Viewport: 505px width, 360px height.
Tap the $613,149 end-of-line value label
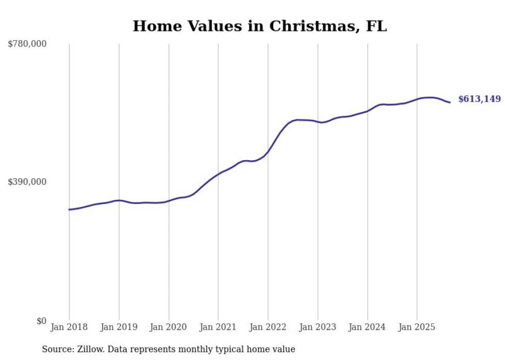click(479, 99)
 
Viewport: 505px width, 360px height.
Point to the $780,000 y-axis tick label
click(27, 44)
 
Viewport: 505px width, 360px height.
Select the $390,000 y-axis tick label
click(27, 182)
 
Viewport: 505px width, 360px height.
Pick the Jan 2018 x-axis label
click(69, 327)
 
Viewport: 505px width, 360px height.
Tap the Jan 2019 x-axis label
click(119, 327)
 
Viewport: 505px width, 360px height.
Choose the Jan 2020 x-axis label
click(169, 327)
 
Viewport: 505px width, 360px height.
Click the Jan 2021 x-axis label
click(218, 327)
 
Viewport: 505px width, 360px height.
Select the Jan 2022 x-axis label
click(268, 327)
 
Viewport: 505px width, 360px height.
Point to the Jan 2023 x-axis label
click(318, 327)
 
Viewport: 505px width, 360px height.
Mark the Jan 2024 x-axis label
click(367, 327)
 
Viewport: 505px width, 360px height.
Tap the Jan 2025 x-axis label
click(417, 327)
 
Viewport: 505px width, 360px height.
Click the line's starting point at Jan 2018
click(69, 210)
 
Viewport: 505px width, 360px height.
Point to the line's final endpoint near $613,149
click(450, 102)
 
